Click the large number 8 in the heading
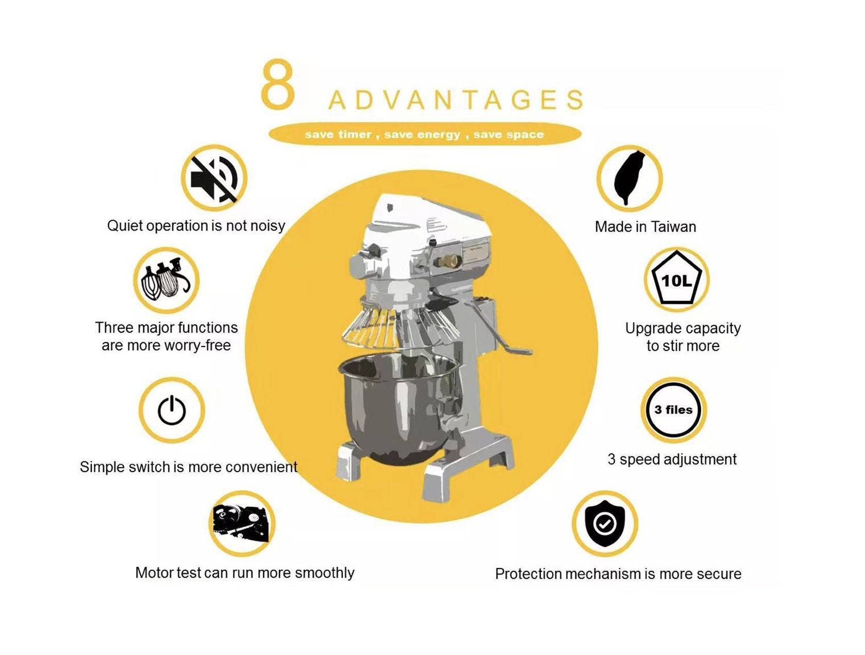[x=278, y=84]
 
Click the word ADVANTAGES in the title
[x=456, y=100]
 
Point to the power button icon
[x=172, y=410]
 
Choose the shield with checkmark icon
[x=605, y=523]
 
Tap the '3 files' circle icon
[x=673, y=410]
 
